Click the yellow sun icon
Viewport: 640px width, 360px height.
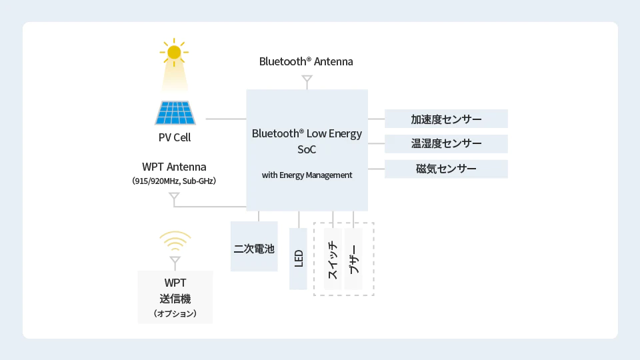coord(174,52)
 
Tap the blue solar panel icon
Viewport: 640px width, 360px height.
coord(175,113)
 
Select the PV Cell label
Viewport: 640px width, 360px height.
coord(174,137)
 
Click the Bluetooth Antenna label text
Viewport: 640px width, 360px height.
coord(306,61)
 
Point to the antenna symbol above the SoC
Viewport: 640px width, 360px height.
coord(307,81)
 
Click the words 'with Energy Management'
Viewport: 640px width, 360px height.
coord(307,175)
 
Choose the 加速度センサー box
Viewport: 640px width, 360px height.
coord(446,119)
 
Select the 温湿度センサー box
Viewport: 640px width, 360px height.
coord(446,144)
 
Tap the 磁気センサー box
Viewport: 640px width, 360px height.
coord(446,169)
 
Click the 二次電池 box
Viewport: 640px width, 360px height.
coord(254,247)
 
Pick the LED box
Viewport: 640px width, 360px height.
coord(298,259)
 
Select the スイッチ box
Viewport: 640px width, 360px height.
coord(333,259)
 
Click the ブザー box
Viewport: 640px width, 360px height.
coord(353,259)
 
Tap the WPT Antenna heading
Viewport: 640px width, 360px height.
coord(174,167)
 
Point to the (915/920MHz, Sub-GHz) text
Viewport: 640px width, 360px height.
coord(174,181)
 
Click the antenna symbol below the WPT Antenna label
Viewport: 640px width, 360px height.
coord(174,199)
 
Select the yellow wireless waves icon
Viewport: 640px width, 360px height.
coord(175,241)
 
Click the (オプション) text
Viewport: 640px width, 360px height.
coord(175,313)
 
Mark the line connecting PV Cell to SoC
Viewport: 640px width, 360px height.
coord(226,119)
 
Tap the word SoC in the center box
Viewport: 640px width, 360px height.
coord(307,149)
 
